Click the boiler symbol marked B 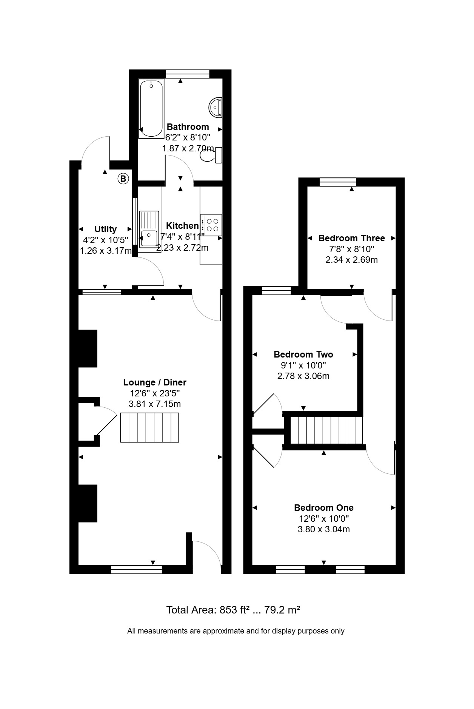[123, 178]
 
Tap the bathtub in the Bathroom [151, 109]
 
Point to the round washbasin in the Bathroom [215, 106]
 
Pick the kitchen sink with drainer [149, 229]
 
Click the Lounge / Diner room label [155, 382]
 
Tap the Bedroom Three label [352, 238]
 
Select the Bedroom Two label [303, 354]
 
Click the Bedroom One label [324, 508]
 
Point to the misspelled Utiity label [105, 229]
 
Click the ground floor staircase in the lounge [149, 427]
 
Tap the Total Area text [233, 610]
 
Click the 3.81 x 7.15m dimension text [155, 404]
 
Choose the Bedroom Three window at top [338, 182]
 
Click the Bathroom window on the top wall [188, 74]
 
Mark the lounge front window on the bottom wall [137, 570]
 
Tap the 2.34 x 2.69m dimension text [352, 260]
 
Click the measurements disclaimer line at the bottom [236, 631]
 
